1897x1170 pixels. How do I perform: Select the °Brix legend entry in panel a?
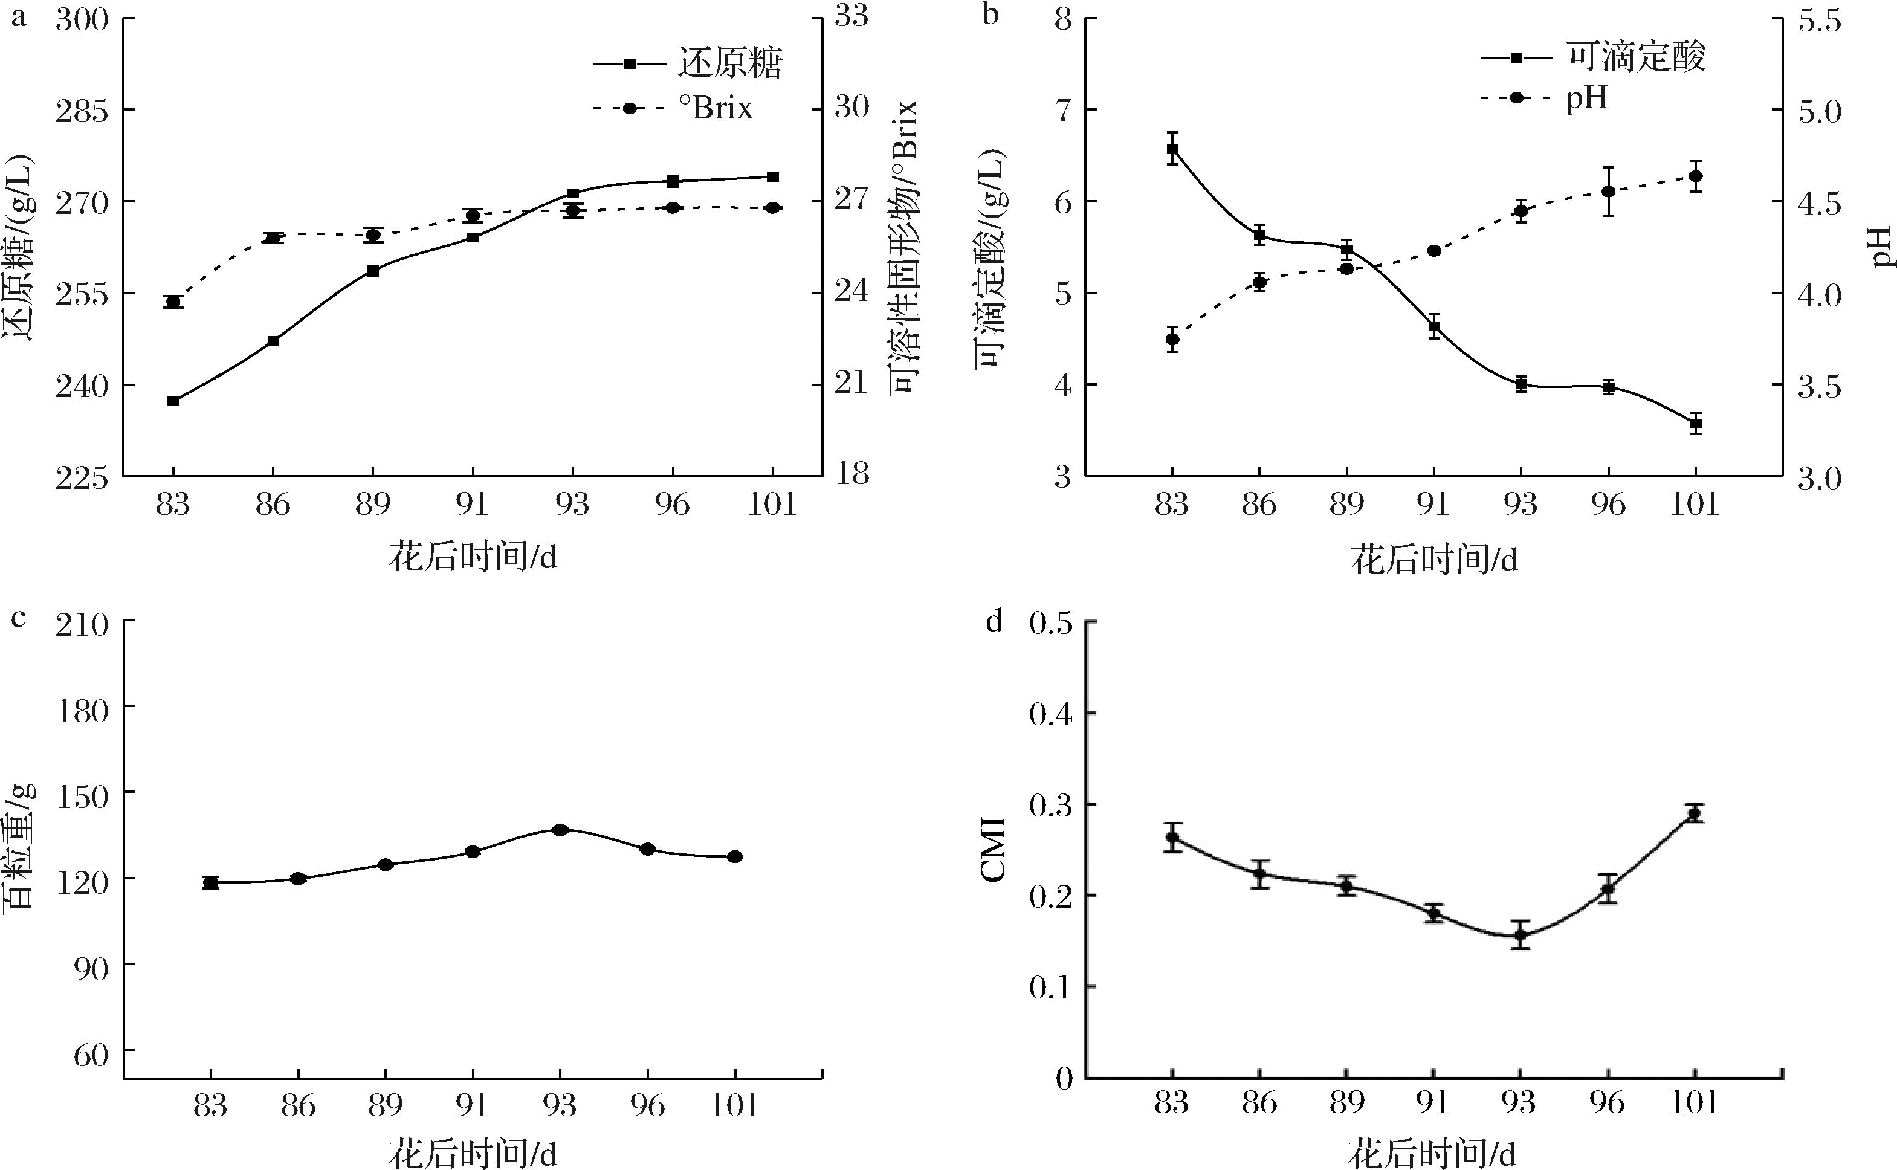click(673, 108)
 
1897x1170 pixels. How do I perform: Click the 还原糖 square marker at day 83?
click(173, 401)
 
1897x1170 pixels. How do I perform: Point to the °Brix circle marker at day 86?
click(273, 238)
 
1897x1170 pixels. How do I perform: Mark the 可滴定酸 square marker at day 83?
click(1172, 149)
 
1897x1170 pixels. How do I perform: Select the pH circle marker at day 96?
click(1608, 191)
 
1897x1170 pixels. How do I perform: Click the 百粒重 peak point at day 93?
click(560, 830)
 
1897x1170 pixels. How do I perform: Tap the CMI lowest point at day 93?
click(1521, 935)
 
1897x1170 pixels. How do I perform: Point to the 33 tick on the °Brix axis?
click(852, 19)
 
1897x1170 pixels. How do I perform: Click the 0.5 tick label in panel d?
click(1050, 624)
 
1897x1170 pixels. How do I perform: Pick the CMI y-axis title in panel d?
click(992, 849)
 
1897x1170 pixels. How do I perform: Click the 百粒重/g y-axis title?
click(20, 845)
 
